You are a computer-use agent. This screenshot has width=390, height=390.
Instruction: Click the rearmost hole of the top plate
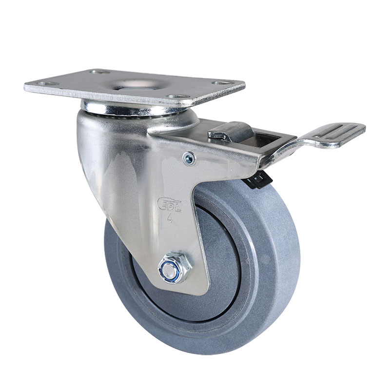pyautogui.click(x=99, y=72)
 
